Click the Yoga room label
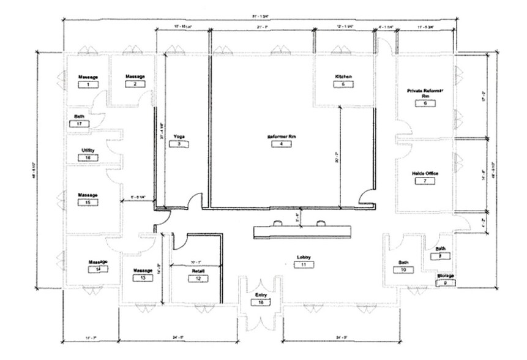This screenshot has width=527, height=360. click(179, 136)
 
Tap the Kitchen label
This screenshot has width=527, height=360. click(343, 76)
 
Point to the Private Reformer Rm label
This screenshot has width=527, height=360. click(425, 93)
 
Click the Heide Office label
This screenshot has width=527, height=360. click(425, 173)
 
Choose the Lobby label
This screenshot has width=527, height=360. click(304, 257)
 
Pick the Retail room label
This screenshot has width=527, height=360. click(198, 270)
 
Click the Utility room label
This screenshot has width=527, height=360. click(88, 150)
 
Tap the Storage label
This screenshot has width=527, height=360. click(445, 276)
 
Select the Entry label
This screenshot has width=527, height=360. click(261, 295)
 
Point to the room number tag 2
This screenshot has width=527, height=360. click(135, 84)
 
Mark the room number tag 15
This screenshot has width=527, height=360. click(88, 202)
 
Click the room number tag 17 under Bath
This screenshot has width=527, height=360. click(80, 123)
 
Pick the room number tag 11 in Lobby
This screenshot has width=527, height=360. click(304, 264)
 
